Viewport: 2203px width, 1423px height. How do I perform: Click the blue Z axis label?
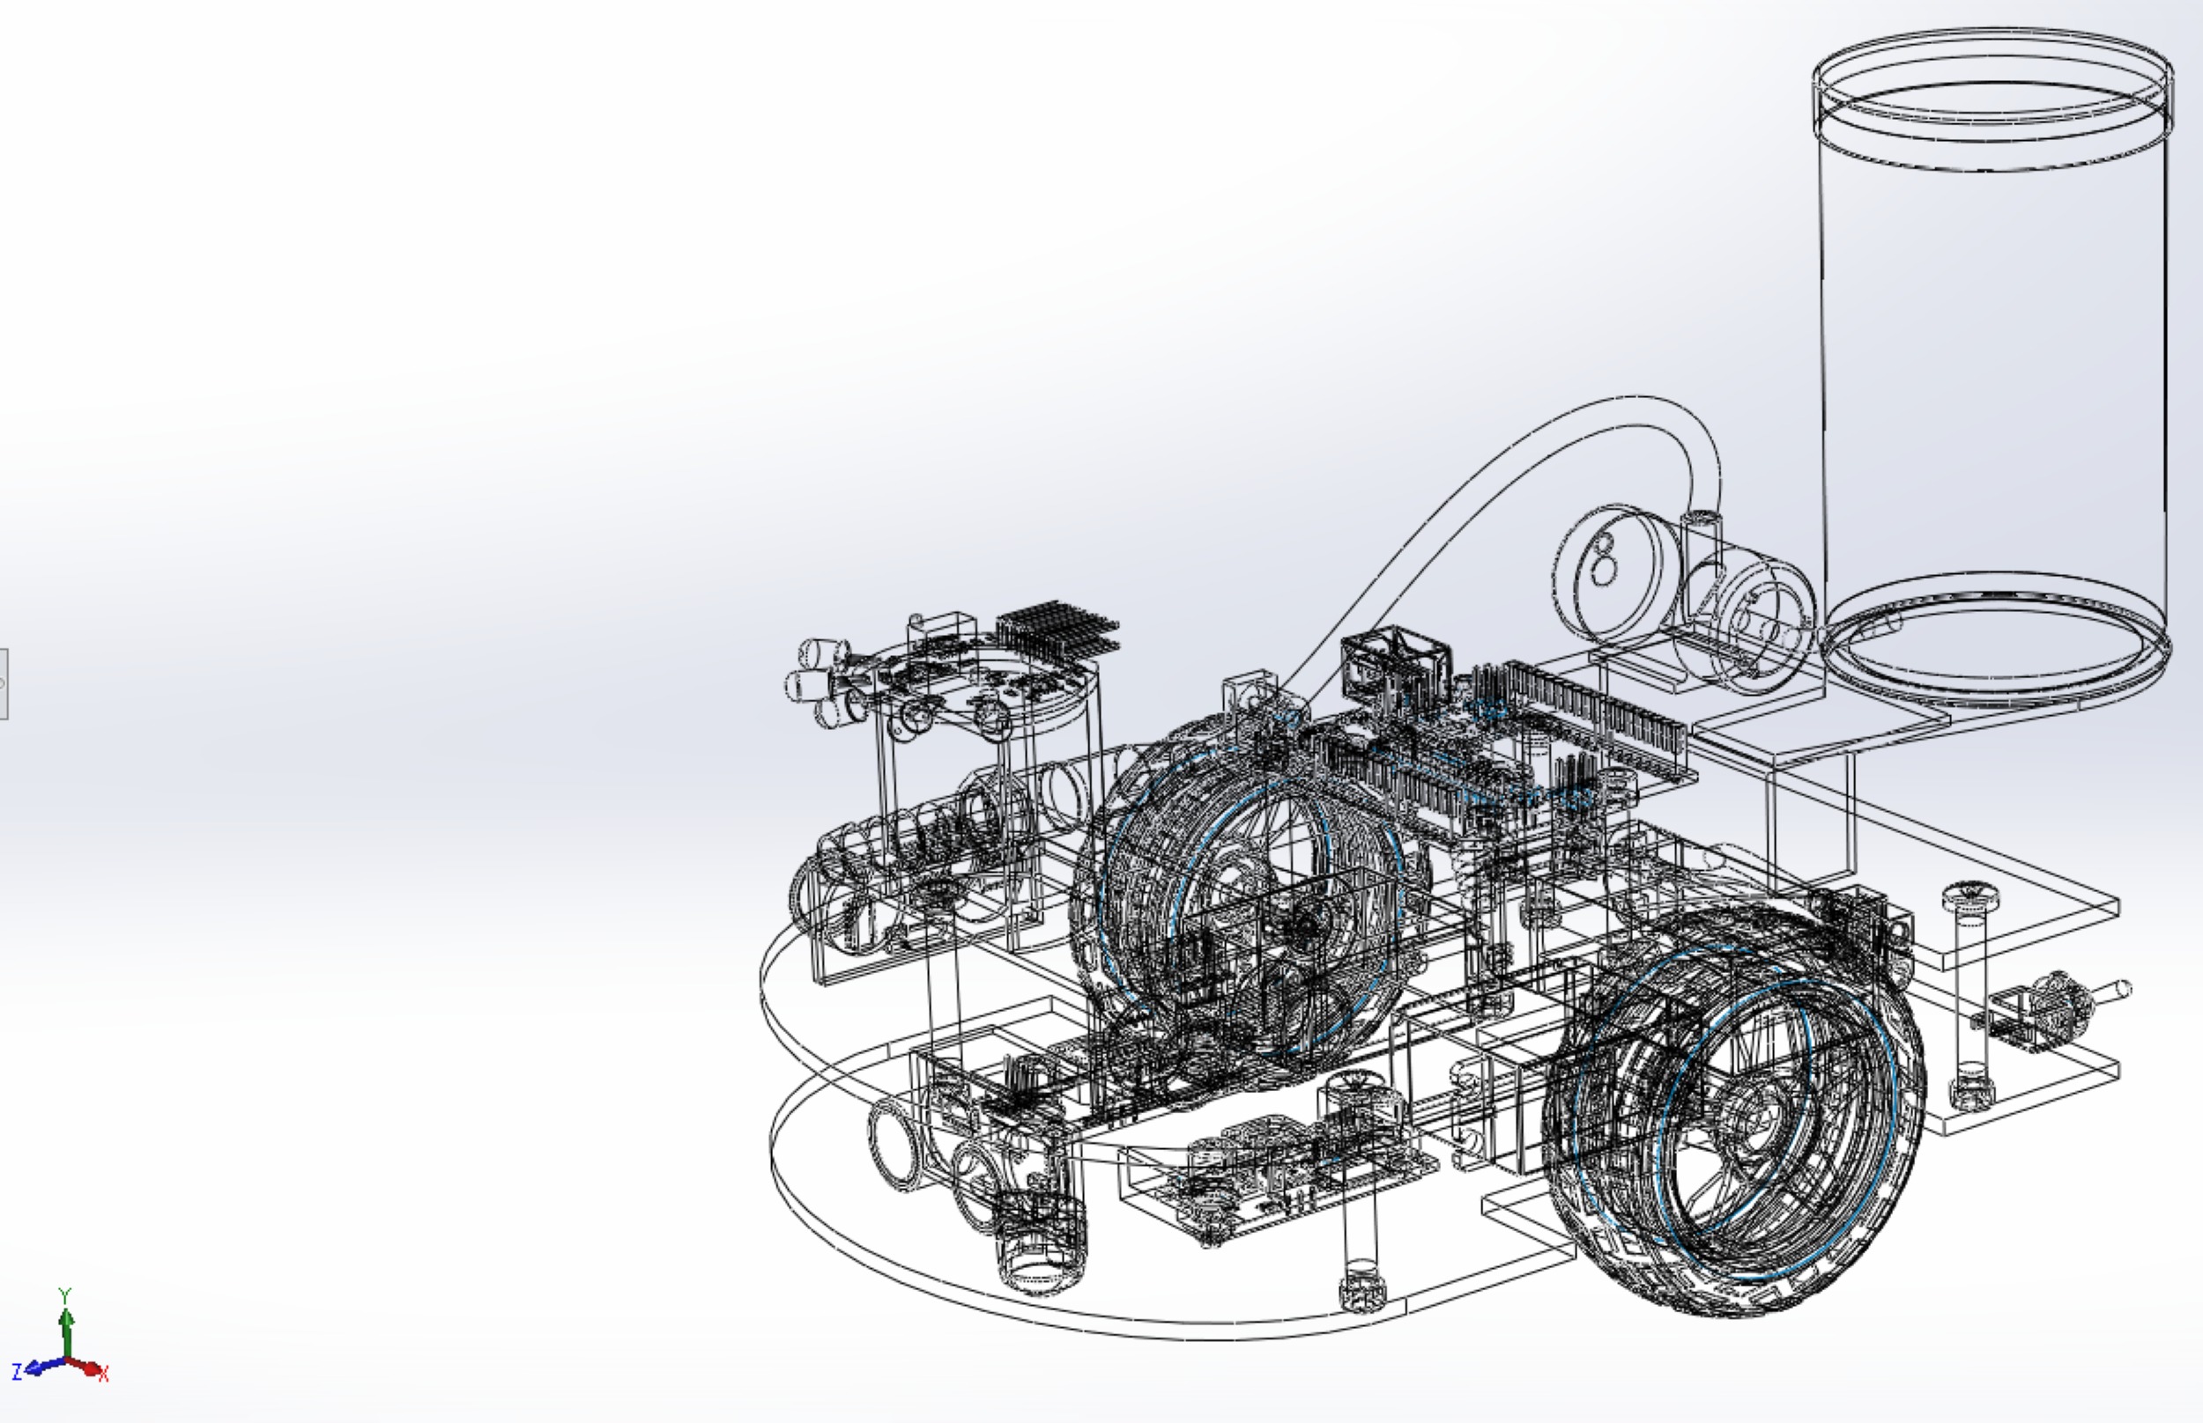click(17, 1372)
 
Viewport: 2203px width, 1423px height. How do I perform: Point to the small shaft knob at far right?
click(2112, 991)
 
